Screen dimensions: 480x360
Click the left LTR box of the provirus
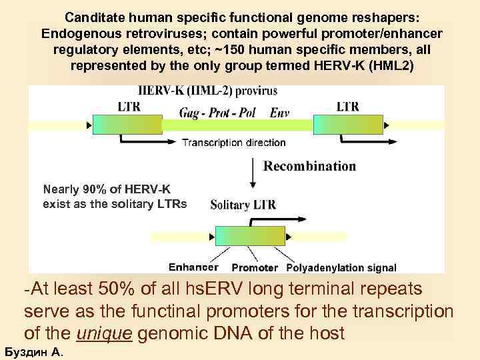tap(127, 125)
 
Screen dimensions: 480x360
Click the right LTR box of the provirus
tap(347, 125)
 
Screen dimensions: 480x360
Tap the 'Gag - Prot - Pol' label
tap(217, 113)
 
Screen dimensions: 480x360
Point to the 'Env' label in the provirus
tap(280, 113)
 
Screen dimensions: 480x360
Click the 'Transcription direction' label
tap(233, 142)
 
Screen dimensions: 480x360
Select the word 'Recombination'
tap(310, 166)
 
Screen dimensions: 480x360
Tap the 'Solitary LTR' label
tap(243, 205)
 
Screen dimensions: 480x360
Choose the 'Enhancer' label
tap(193, 267)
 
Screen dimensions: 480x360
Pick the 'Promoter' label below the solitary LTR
tap(255, 268)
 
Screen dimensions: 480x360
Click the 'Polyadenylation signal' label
tap(341, 268)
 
